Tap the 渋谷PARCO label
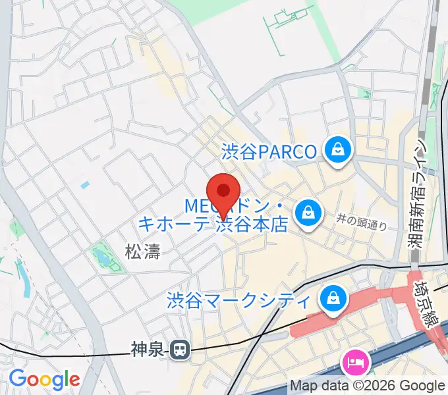point(269,152)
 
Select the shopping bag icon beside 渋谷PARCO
point(339,151)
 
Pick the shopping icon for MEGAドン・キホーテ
point(307,212)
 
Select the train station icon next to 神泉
point(179,350)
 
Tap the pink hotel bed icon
point(355,361)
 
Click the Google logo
point(44,379)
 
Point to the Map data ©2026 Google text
point(368,386)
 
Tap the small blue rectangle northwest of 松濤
point(84,186)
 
